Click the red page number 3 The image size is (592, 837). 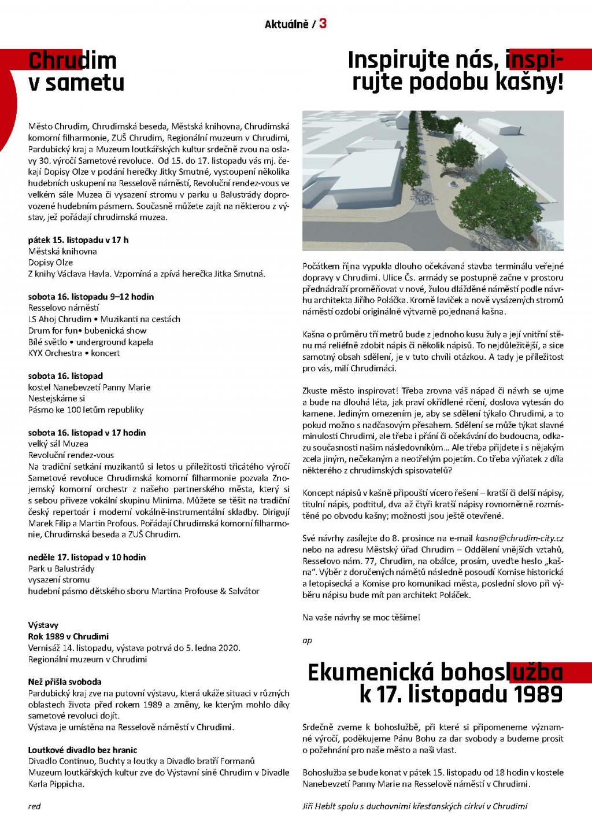click(x=323, y=23)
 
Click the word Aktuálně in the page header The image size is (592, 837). click(x=286, y=24)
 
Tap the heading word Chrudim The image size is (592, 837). click(x=72, y=60)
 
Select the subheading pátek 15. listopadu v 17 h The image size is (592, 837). click(x=79, y=240)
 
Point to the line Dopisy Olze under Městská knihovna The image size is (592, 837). click(x=51, y=263)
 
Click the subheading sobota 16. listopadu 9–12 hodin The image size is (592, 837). click(x=91, y=297)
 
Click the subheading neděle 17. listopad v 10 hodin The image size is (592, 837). click(x=87, y=558)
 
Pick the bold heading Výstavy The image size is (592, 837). click(x=43, y=625)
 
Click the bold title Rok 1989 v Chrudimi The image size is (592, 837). click(x=68, y=636)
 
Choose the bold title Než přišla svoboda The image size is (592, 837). click(x=65, y=682)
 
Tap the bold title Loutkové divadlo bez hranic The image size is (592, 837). click(x=83, y=750)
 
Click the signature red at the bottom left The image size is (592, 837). click(x=34, y=806)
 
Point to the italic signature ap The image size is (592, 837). click(x=307, y=640)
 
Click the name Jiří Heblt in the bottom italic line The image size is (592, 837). click(x=320, y=806)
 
